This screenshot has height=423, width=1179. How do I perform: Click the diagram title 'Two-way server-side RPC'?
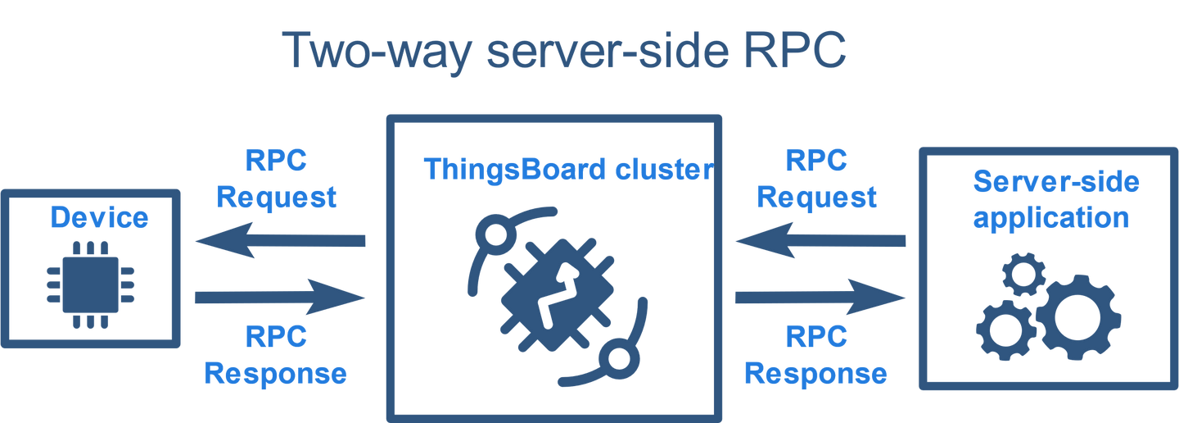(565, 51)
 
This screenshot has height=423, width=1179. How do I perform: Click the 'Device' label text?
(100, 218)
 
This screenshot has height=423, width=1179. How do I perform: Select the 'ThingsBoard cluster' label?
(567, 170)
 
